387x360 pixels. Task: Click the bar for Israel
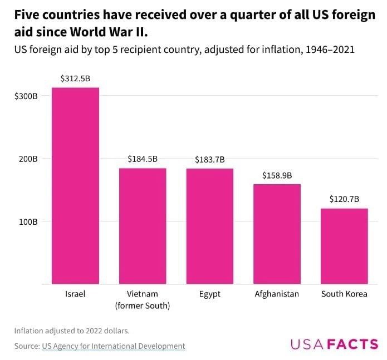(75, 186)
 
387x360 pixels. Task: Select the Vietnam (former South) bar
(143, 226)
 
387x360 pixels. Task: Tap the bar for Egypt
(210, 226)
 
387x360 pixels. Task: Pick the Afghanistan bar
(277, 234)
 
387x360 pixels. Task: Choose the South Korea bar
(344, 246)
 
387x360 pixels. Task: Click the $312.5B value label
(75, 78)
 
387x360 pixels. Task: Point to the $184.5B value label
(143, 159)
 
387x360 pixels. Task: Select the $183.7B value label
(210, 160)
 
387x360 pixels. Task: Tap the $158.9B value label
(277, 175)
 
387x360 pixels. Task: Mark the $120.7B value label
(344, 199)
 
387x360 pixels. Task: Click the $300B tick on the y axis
(26, 96)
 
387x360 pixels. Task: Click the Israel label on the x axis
(75, 294)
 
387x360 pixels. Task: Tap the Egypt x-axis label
(210, 294)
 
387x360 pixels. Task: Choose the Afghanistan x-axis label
(277, 294)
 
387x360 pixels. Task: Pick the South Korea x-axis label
(344, 294)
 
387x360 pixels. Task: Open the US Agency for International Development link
(114, 346)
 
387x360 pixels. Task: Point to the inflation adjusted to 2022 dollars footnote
(72, 331)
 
